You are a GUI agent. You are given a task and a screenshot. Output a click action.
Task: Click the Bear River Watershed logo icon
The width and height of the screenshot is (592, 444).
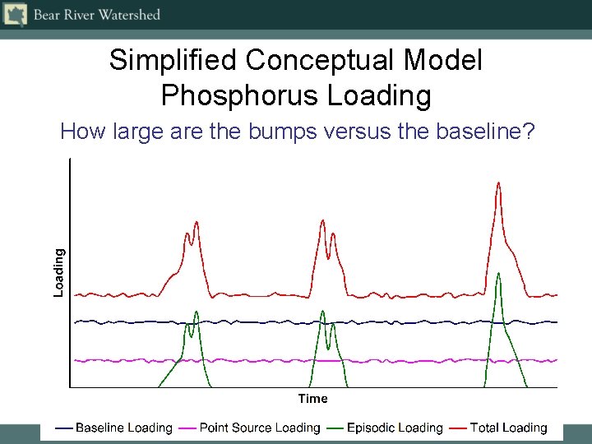tap(16, 15)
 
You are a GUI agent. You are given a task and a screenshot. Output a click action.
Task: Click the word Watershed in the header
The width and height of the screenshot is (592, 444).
tap(127, 15)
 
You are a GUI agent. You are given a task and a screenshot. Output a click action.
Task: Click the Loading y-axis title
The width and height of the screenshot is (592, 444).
tap(59, 273)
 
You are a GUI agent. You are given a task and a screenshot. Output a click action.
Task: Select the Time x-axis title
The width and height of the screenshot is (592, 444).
tap(312, 399)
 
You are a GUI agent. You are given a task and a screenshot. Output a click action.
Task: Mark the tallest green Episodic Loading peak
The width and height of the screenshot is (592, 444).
tap(498, 273)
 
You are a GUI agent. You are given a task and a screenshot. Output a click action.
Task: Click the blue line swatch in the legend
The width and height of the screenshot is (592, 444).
tap(64, 428)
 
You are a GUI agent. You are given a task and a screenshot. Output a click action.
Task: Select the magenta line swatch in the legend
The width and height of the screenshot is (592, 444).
tap(188, 428)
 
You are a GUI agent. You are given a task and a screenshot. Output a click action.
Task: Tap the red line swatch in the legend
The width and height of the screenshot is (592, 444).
tap(458, 428)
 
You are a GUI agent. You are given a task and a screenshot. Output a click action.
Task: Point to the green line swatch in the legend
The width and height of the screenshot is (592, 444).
tap(335, 428)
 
